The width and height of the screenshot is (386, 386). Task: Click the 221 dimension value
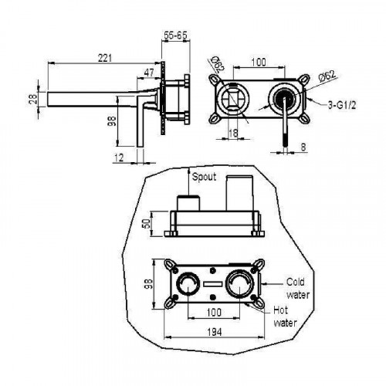tap(105, 58)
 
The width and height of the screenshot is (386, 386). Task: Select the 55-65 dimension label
tap(175, 36)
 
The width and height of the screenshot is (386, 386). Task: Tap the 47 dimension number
tap(149, 73)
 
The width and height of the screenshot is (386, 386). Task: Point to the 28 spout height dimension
tap(33, 99)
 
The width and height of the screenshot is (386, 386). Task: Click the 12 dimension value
tap(119, 157)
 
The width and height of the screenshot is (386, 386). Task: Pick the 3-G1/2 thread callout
tap(342, 105)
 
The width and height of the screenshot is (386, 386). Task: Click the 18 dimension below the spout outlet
tap(233, 133)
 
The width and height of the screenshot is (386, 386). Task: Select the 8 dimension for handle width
tap(303, 147)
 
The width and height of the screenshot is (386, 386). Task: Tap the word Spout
tap(204, 177)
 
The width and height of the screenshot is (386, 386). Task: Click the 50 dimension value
tap(146, 224)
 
